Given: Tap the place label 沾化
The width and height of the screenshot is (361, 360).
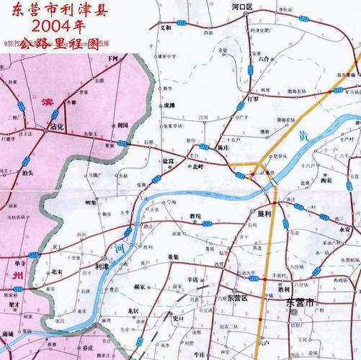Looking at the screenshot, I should [x=58, y=127].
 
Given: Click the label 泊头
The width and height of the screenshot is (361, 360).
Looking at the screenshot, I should [x=27, y=174].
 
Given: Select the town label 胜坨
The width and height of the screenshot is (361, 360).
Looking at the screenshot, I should [x=195, y=216].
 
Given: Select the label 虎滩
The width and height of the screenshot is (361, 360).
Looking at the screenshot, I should [x=169, y=105].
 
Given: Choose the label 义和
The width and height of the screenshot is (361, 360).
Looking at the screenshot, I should [x=166, y=27].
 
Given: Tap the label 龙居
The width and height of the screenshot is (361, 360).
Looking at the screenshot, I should [x=132, y=311].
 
